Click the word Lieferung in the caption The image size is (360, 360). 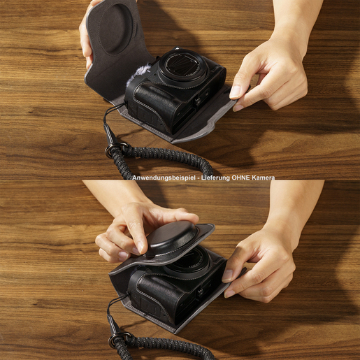216,178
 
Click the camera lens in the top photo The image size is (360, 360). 182,66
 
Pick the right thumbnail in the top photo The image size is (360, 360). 236,92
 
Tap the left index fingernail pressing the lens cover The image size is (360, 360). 141,247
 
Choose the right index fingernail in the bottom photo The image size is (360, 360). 227,275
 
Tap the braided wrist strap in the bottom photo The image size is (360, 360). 163,347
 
